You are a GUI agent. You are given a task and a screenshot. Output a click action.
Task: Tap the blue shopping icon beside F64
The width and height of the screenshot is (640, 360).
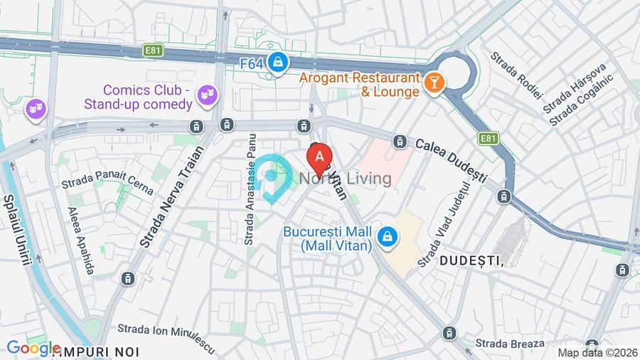[279, 63]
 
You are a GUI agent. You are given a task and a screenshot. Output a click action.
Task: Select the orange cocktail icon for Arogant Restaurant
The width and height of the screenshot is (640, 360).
[432, 84]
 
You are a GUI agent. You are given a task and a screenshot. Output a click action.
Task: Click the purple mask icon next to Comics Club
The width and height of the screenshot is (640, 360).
[206, 95]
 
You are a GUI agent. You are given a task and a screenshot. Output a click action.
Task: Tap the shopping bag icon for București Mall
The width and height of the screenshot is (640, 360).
[387, 238]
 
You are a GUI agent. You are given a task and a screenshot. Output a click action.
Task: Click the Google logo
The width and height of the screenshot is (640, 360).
[33, 348]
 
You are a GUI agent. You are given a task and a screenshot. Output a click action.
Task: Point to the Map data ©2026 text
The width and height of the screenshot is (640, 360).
[596, 352]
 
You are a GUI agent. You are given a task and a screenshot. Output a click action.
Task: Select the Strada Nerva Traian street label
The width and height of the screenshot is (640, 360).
[171, 197]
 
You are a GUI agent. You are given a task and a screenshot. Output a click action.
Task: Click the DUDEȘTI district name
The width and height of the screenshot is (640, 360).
[471, 261]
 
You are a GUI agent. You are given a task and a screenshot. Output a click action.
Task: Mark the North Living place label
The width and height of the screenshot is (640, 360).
[346, 179]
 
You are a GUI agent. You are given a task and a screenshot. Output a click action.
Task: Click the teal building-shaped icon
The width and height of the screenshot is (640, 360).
[272, 179]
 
